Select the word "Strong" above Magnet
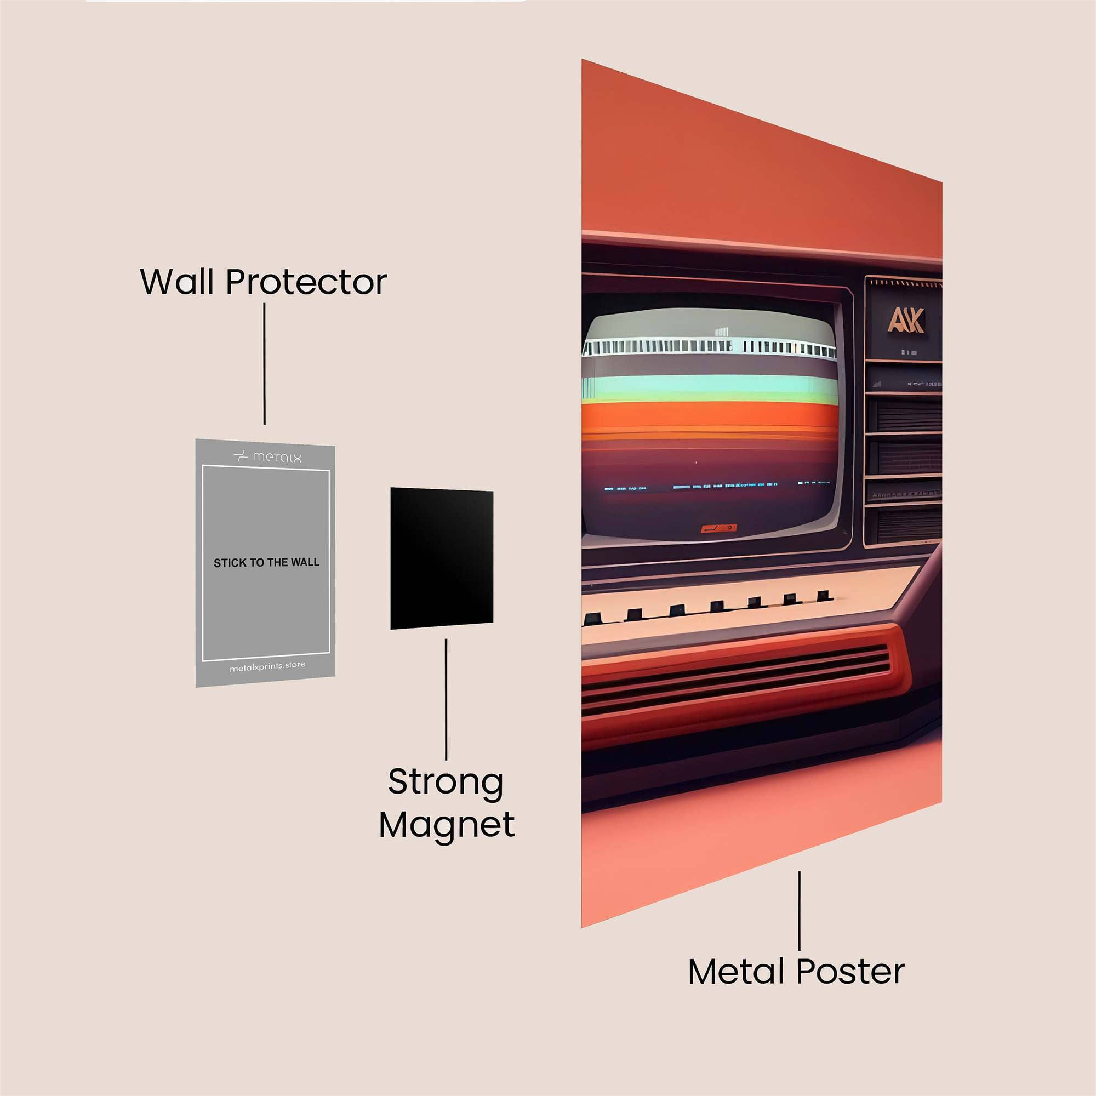446,783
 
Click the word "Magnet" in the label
447,825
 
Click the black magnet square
441,558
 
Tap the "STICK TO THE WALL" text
266,563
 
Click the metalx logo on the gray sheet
268,456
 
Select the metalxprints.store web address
267,667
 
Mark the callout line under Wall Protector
264,363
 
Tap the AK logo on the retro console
905,321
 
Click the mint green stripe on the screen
709,386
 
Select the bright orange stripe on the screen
709,414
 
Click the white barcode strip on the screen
709,346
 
